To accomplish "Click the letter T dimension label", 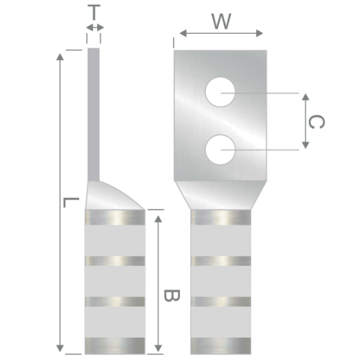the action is pyautogui.click(x=94, y=13).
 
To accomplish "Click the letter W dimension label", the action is pyautogui.click(x=221, y=22).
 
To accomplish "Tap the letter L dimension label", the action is pyautogui.click(x=71, y=202).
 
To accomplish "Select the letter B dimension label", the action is pyautogui.click(x=171, y=295).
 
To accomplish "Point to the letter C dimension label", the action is pyautogui.click(x=316, y=122).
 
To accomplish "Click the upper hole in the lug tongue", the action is pyautogui.click(x=220, y=92).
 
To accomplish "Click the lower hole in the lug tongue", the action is pyautogui.click(x=220, y=150).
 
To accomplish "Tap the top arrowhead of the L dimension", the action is pyautogui.click(x=60, y=57).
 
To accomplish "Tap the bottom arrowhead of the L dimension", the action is pyautogui.click(x=60, y=348).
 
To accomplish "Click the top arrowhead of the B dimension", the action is pyautogui.click(x=158, y=219).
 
